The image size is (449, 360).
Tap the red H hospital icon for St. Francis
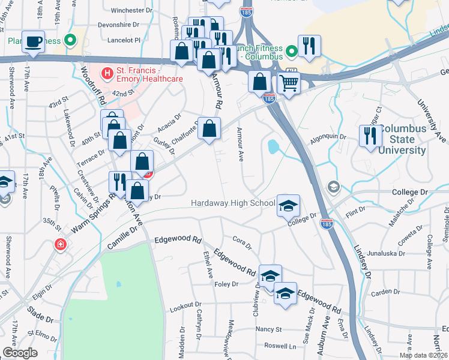107,74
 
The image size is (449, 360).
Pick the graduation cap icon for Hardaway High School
288,205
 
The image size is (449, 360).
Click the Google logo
20,353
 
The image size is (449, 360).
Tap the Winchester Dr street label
133,10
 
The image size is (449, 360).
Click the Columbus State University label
403,140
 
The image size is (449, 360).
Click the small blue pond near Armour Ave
274,146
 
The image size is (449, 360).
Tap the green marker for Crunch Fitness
292,52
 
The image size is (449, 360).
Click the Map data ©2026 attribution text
424,355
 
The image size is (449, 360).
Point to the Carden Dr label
385,292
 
